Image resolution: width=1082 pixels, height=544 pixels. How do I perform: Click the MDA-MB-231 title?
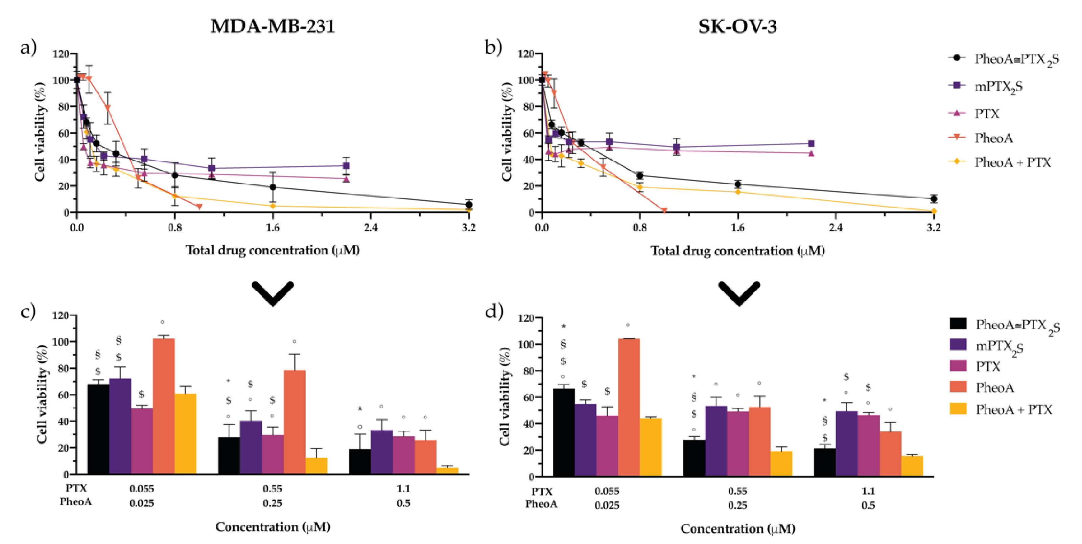click(273, 26)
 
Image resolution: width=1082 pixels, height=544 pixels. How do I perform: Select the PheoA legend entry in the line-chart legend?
click(993, 138)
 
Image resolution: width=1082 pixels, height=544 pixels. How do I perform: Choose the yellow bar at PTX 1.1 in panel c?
click(447, 471)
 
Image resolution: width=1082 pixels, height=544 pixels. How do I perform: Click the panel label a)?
click(28, 47)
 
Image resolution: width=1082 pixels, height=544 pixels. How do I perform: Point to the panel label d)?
click(494, 312)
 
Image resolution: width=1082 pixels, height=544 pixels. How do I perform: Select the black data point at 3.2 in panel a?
click(469, 204)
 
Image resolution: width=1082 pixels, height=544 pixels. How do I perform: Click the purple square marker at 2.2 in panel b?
click(811, 144)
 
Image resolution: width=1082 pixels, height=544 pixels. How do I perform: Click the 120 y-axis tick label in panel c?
click(61, 315)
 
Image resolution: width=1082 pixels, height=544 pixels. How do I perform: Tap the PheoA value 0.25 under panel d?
click(737, 505)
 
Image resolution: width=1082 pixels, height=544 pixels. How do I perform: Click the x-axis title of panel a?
click(273, 251)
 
